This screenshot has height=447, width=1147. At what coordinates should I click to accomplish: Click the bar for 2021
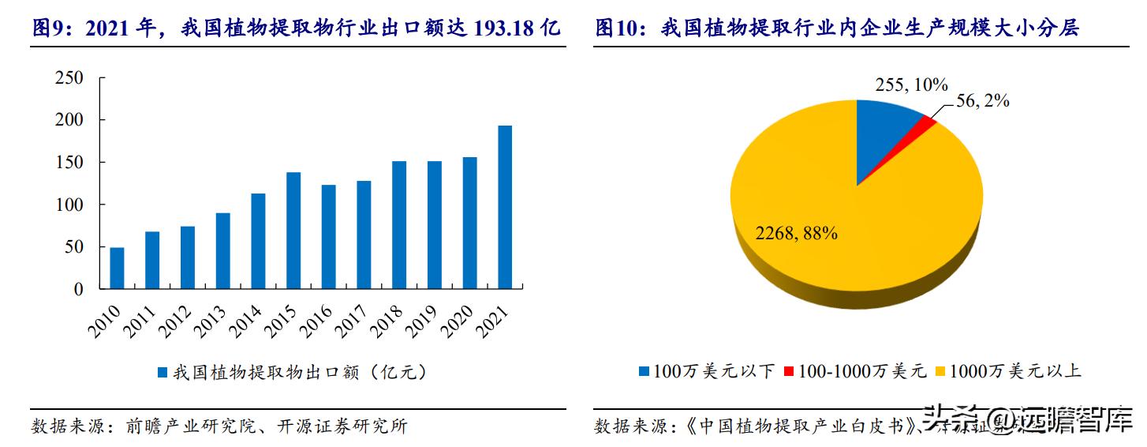505,207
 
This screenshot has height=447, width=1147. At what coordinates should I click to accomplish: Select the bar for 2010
117,269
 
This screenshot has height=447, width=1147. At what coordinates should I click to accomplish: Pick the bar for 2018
399,225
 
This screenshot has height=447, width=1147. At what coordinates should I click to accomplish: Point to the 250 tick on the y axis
69,77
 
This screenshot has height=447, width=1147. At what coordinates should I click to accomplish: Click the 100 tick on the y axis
69,205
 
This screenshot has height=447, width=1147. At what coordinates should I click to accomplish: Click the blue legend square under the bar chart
163,372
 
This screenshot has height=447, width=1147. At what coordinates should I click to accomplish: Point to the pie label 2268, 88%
796,233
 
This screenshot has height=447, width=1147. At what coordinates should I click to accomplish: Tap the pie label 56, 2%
983,101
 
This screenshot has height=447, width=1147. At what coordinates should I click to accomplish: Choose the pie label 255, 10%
912,85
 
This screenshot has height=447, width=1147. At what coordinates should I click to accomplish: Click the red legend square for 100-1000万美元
789,370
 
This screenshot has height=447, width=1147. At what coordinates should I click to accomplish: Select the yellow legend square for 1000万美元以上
940,370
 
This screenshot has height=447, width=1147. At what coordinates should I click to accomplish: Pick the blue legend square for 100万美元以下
644,370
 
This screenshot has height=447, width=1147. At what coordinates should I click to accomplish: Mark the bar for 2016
328,237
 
